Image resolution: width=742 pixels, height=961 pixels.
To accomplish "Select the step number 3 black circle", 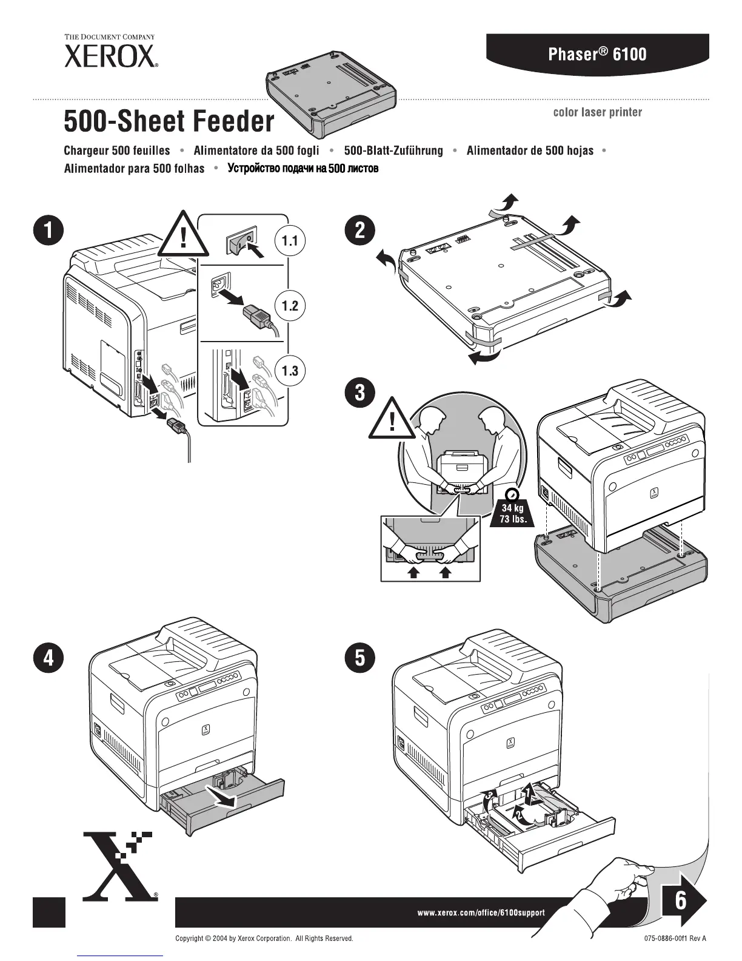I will [359, 391].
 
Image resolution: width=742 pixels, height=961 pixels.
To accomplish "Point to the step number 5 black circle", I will [359, 658].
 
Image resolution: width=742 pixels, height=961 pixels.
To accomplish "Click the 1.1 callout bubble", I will [290, 241].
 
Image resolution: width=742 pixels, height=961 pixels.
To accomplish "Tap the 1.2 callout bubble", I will [290, 305].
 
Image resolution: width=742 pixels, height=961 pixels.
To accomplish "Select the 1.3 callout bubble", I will [290, 370].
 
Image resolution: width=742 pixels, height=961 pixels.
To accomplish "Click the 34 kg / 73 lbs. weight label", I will [512, 513].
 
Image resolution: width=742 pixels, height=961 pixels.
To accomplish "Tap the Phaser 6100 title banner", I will [597, 54].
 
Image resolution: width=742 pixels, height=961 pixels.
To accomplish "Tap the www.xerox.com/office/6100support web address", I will [481, 912].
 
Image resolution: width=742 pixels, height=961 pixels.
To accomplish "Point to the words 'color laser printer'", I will [597, 112].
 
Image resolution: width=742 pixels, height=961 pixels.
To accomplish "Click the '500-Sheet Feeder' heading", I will [169, 121].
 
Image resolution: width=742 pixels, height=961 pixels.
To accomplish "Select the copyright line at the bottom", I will [264, 939].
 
